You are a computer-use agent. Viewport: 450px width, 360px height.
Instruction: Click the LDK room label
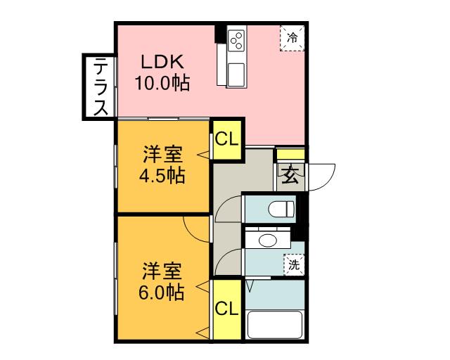(162, 62)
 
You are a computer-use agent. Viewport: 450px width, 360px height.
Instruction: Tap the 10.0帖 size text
(162, 83)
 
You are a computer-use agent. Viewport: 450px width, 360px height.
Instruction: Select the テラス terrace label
(101, 86)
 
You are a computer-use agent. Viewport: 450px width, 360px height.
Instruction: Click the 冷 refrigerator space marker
(292, 38)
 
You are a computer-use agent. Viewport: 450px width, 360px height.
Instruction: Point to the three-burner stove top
(237, 41)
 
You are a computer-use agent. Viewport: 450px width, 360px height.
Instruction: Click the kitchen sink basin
(236, 75)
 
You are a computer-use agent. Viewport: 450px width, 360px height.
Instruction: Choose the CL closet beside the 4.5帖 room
(226, 140)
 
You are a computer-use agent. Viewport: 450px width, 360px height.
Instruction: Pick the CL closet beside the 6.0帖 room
(226, 309)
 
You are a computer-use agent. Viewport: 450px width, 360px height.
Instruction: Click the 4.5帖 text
(162, 176)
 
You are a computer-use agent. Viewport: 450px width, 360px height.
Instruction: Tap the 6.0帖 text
(161, 292)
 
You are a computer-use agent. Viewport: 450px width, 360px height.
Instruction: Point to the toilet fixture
(281, 209)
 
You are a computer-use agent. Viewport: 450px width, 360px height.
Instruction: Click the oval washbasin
(268, 240)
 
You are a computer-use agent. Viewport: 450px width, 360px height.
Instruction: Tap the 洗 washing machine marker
(294, 264)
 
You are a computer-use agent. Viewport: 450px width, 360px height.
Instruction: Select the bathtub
(275, 324)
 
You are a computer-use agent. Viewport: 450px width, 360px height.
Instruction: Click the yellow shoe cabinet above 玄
(290, 154)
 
